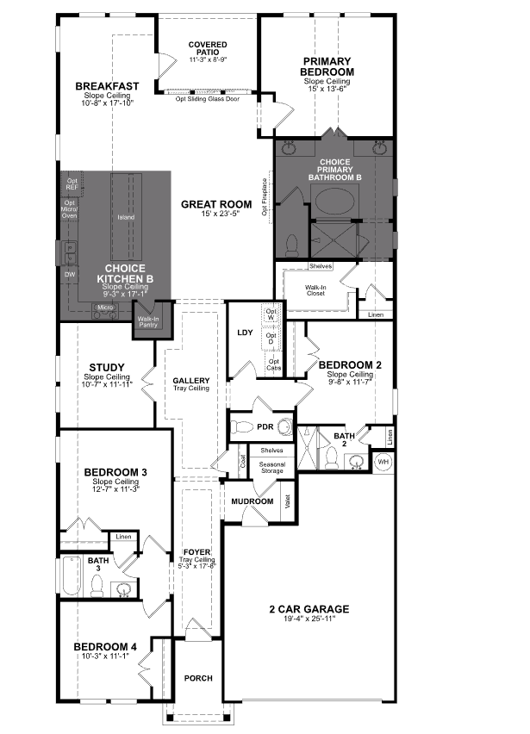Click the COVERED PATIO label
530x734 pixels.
pos(207,48)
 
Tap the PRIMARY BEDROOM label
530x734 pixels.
pos(327,66)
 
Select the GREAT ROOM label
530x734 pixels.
pos(216,205)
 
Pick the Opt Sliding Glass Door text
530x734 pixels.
pos(208,98)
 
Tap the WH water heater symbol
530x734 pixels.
pos(382,463)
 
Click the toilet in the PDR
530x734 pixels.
pos(244,427)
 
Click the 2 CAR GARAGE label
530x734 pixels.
pos(308,610)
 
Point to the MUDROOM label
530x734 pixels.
pos(252,501)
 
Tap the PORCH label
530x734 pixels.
pos(198,679)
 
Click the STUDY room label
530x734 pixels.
pos(106,368)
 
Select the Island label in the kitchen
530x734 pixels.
pos(127,217)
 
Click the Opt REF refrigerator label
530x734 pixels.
pos(72,184)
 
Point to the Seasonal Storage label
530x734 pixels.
pos(272,467)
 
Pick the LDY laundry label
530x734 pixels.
pos(243,333)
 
